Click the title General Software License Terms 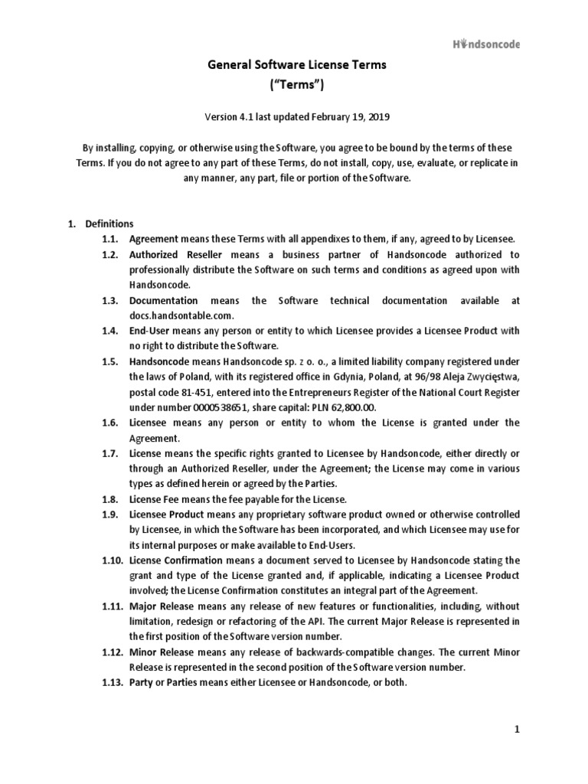coord(298,66)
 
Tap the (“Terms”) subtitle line coord(298,86)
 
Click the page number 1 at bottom coord(517,730)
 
